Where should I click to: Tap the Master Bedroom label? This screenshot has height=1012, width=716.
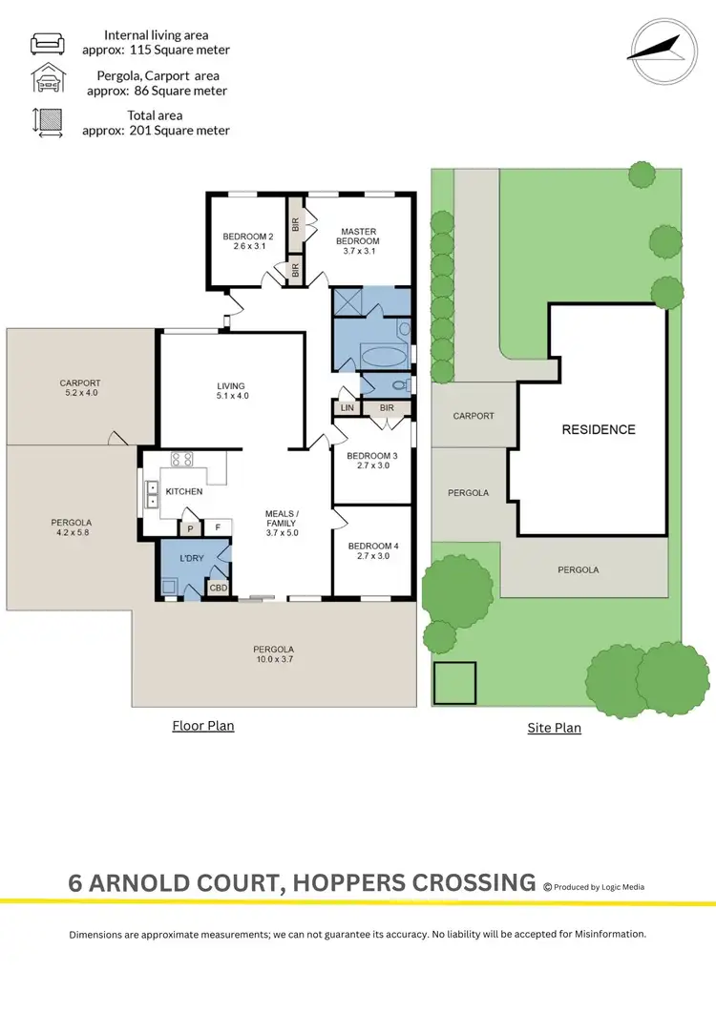point(359,236)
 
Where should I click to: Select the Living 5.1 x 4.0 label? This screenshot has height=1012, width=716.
point(233,390)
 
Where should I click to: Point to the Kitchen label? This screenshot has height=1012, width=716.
point(184,491)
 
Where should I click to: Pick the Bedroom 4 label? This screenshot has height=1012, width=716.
point(371,549)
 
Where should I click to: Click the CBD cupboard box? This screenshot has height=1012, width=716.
point(219,588)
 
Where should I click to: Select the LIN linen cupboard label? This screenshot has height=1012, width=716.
point(346,408)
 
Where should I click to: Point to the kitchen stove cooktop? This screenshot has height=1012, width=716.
point(182,460)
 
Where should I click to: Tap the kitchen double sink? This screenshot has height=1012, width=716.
point(152,492)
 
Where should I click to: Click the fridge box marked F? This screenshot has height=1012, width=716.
point(218,527)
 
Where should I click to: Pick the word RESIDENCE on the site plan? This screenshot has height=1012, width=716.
point(598,429)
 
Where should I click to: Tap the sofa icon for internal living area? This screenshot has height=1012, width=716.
point(47,43)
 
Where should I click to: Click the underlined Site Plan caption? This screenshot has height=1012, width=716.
point(554,728)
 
